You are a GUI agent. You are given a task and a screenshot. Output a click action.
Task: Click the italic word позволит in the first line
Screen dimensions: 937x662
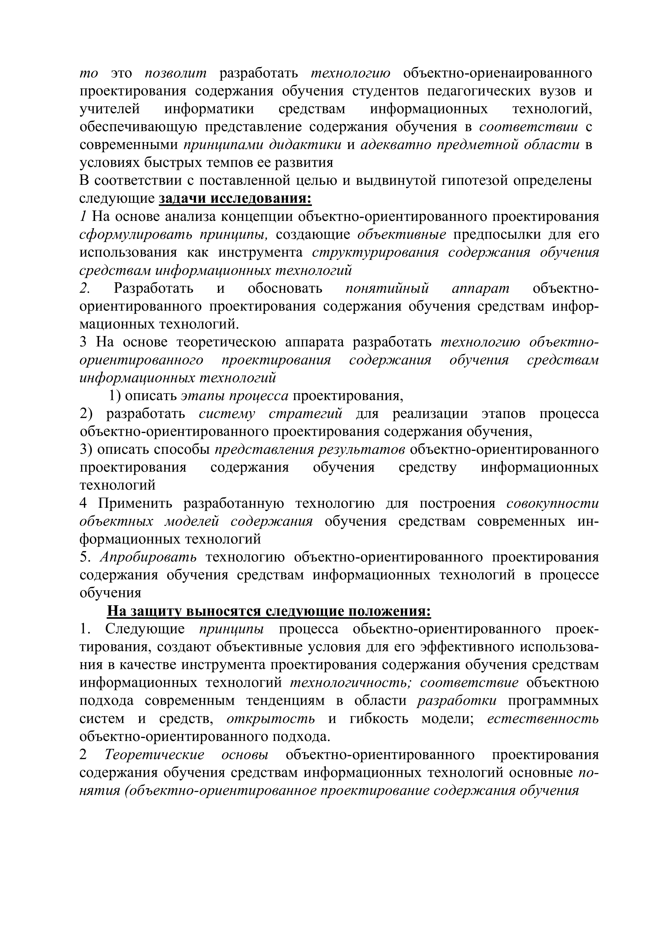click(176, 73)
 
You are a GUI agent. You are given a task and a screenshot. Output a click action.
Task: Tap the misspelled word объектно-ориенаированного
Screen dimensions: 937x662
click(497, 73)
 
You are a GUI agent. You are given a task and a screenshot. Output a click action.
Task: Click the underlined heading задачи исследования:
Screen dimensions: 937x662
click(235, 199)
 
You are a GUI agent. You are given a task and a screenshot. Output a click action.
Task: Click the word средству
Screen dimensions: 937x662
click(428, 467)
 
